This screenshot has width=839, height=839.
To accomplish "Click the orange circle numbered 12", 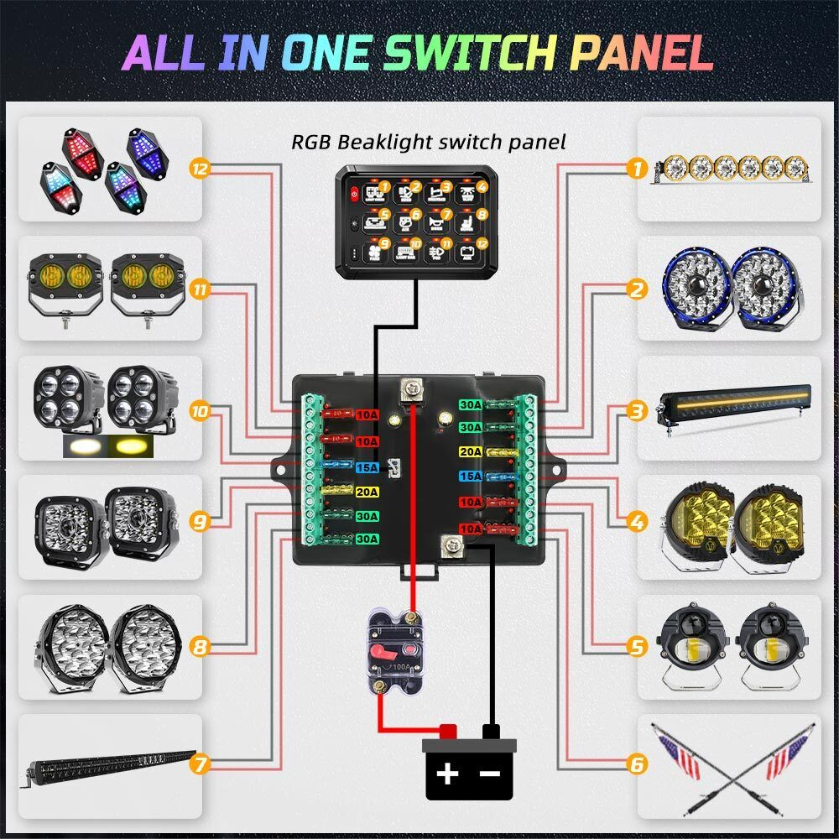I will pyautogui.click(x=200, y=169).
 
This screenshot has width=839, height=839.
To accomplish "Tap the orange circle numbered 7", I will pyautogui.click(x=200, y=764).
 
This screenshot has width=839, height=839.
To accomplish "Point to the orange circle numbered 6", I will pyautogui.click(x=638, y=764).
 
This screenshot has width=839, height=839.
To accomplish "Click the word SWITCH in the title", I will pyautogui.click(x=475, y=52).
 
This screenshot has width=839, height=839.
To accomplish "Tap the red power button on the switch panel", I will pyautogui.click(x=354, y=192).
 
